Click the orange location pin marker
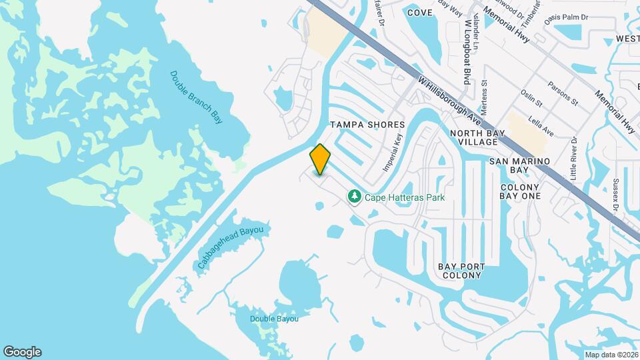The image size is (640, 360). tap(321, 159)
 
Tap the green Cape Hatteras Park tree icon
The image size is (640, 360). tap(355, 196)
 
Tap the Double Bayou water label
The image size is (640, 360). tap(274, 319)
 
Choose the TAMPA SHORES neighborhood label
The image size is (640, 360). tap(368, 125)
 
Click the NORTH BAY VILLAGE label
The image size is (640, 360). tap(474, 138)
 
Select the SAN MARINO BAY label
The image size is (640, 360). tap(519, 166)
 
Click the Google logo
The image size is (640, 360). tap(22, 352)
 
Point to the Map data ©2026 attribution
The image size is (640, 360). tap(611, 355)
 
